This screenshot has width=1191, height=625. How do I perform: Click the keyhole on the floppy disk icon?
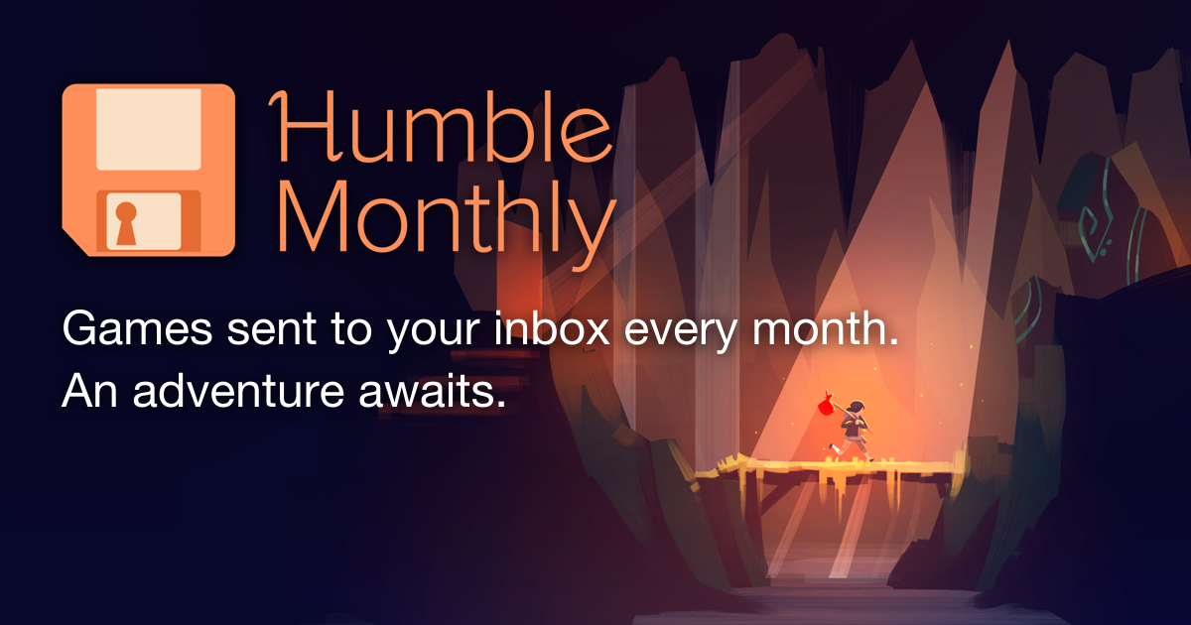point(127,223)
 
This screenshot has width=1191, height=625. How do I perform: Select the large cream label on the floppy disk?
point(148,129)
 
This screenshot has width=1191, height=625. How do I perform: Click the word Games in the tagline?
point(138,328)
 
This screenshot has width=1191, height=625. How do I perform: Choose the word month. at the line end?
point(825,327)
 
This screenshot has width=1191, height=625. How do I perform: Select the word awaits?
point(432,390)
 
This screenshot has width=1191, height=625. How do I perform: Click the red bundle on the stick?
point(826,405)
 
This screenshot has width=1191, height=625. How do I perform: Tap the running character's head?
point(856,408)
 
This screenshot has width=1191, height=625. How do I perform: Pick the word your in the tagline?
point(433,333)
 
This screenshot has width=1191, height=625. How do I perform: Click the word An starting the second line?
point(89,391)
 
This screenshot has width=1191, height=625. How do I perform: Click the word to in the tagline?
point(351,329)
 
